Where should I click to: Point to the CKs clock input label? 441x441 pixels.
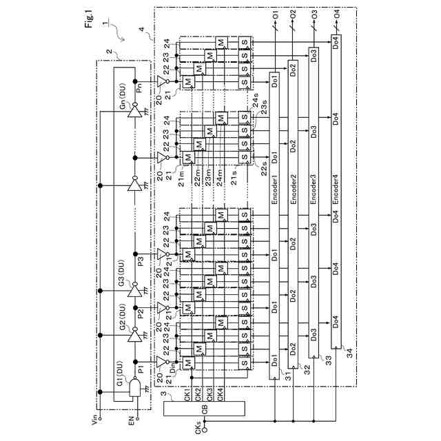click(x=198, y=425)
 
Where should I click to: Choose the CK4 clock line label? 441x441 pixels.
click(x=220, y=396)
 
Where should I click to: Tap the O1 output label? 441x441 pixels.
click(x=274, y=14)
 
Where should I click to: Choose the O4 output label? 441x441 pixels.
click(x=336, y=14)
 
